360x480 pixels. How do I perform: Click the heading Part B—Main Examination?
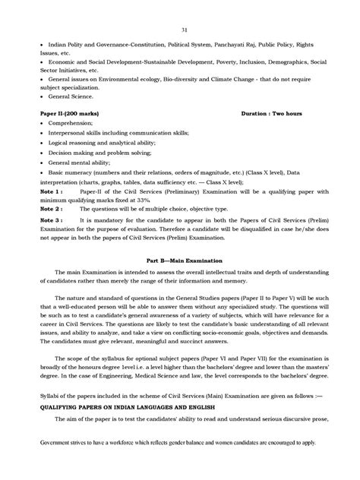tap(180, 259)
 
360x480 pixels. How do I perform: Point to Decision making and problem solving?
tap(92, 152)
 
